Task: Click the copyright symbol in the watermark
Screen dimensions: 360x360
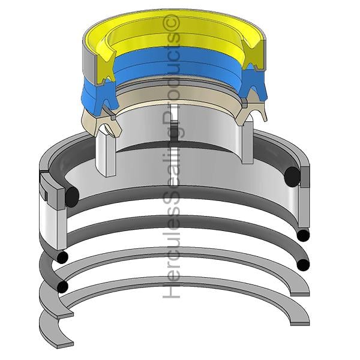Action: coord(170,22)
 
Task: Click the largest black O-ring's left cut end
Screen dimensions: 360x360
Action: coord(72,197)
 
